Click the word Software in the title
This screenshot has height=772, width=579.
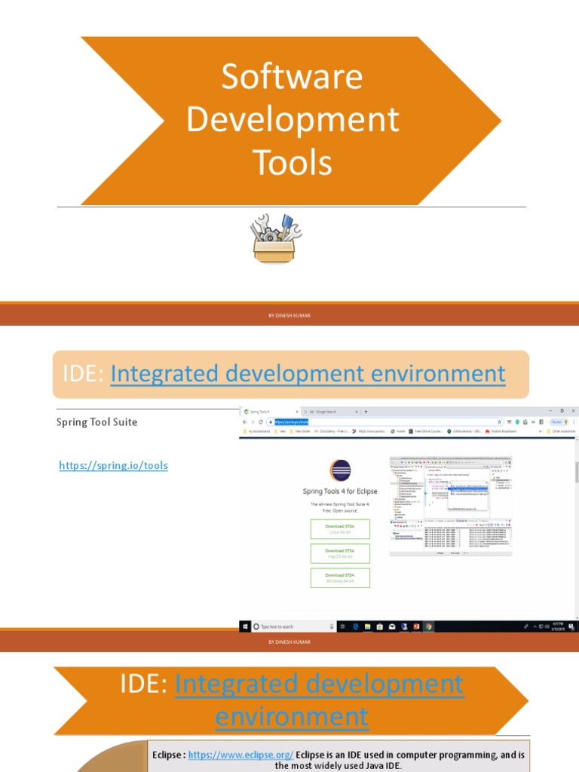(x=292, y=77)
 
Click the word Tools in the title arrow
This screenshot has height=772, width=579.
(x=292, y=162)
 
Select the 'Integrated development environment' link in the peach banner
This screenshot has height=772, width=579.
(x=308, y=373)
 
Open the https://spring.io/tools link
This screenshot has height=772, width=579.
(x=113, y=466)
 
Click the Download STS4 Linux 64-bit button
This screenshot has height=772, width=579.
(x=340, y=529)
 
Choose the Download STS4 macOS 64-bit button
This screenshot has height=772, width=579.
(x=340, y=553)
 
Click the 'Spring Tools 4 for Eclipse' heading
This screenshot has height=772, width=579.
(x=340, y=492)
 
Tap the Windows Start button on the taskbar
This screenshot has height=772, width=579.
(x=245, y=626)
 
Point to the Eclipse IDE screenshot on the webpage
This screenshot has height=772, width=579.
(x=451, y=505)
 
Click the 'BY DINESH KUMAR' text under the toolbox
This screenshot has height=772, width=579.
(x=289, y=316)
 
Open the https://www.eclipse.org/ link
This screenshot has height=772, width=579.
(x=240, y=754)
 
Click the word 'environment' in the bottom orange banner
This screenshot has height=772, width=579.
(x=292, y=716)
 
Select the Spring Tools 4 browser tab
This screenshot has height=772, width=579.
(x=267, y=412)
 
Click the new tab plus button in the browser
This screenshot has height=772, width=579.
(x=366, y=412)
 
